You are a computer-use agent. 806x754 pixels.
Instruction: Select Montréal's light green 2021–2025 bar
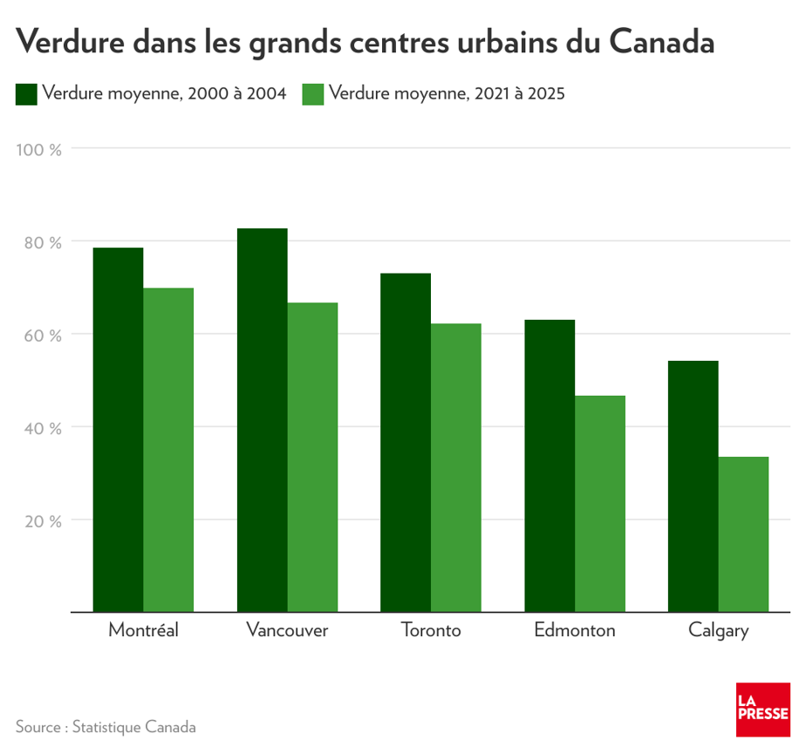(168, 450)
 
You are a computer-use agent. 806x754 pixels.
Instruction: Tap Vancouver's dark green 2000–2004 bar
(262, 420)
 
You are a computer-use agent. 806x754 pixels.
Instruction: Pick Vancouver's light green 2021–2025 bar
(312, 457)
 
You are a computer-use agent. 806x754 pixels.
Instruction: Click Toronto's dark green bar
(406, 443)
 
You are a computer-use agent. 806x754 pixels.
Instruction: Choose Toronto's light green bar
(456, 467)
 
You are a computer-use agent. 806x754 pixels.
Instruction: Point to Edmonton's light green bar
(600, 504)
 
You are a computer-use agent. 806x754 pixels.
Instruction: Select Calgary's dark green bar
(693, 486)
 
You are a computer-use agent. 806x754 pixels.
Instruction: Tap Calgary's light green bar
(744, 534)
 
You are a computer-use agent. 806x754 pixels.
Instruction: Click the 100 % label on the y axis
(39, 149)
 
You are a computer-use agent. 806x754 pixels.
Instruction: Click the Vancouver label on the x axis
(287, 630)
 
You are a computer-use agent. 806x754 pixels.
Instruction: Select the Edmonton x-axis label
(575, 630)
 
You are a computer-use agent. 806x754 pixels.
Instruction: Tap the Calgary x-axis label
(718, 631)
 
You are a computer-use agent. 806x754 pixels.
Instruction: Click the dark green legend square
(26, 94)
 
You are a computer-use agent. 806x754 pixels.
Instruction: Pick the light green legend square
(313, 94)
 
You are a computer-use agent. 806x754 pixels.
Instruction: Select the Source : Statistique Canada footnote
(106, 727)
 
